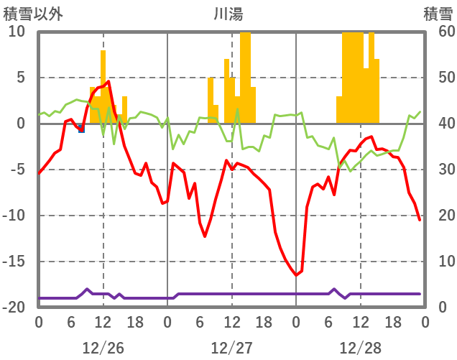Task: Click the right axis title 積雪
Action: tap(438, 13)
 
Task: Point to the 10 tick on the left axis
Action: tap(17, 32)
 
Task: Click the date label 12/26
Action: tap(103, 349)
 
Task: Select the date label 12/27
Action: tap(231, 349)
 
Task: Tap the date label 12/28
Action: tap(360, 349)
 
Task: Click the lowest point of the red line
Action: tap(295, 275)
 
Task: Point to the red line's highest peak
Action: tap(108, 81)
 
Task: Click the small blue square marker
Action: tap(81, 129)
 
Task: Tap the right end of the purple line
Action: tap(420, 294)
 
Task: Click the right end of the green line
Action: tap(420, 111)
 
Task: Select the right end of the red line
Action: tap(420, 220)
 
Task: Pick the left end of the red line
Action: tap(39, 173)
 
